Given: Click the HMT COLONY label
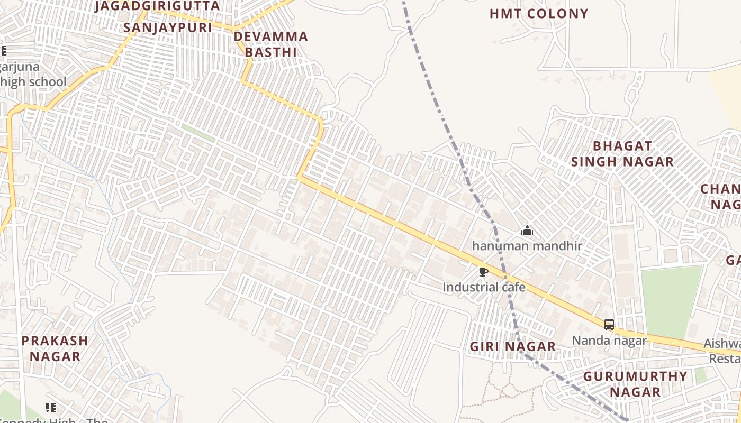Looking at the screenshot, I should coord(538,14).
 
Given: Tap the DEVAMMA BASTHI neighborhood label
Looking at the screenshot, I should coord(270,44).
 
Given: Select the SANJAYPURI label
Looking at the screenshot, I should coord(168,27).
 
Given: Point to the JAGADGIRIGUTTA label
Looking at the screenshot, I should coord(157,6).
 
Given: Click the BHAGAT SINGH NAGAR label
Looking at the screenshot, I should coord(622,154).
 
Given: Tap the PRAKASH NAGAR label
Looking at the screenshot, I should coord(55,348).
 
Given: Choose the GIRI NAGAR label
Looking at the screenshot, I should coord(513,347).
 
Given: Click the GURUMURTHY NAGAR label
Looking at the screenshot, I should coord(635,384).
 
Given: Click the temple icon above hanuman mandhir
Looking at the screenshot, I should coord(527,231).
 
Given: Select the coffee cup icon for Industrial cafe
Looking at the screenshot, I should coord(483,272).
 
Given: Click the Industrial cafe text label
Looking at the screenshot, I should coord(484,287).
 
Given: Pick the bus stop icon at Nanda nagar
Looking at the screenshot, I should coord(609,325).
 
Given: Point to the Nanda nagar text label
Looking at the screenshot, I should coord(609,340).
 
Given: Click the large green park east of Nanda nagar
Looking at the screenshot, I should coord(671,301).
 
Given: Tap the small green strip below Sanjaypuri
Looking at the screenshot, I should coord(198,133).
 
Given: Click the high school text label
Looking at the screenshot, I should coord(33,82).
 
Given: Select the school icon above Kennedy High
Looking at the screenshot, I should coord(51,407).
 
